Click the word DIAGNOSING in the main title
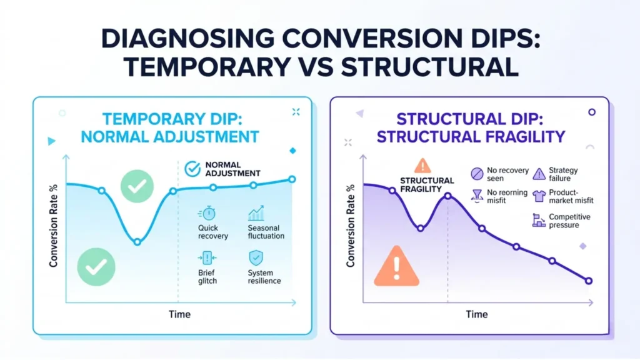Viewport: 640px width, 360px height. click(187, 39)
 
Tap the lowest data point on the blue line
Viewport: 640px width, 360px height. click(137, 242)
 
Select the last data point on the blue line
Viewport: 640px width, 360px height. click(292, 179)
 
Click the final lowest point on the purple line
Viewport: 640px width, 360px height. click(589, 281)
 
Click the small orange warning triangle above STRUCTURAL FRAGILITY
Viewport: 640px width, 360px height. click(422, 166)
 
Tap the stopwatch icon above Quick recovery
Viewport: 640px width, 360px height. click(208, 213)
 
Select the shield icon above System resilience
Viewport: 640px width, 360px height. click(256, 258)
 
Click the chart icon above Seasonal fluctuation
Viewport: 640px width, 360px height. click(256, 213)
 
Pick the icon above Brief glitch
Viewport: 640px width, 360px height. click(207, 258)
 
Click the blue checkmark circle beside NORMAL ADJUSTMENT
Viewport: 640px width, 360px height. click(192, 169)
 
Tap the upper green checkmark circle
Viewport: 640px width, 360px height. click(137, 186)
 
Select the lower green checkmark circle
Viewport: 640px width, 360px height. click(96, 267)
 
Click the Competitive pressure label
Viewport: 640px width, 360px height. click(569, 221)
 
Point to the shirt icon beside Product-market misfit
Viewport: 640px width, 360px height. click(539, 196)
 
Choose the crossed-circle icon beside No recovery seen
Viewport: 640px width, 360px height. click(477, 174)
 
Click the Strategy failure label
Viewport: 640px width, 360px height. click(563, 174)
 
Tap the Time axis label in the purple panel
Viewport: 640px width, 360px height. click(477, 314)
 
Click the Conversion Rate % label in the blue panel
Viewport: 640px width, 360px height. click(53, 226)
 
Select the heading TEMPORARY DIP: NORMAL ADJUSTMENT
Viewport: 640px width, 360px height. click(170, 127)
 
